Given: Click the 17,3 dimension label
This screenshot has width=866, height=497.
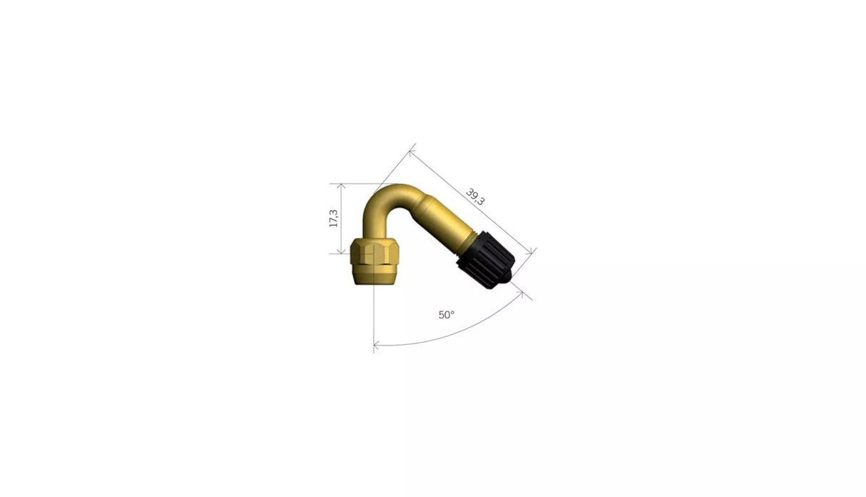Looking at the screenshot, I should point(333,218).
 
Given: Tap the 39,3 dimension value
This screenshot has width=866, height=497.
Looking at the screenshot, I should point(475,196).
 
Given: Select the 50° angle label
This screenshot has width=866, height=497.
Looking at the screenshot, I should point(446,315).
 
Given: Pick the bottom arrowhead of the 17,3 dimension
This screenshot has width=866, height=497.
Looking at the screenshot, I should point(342,251).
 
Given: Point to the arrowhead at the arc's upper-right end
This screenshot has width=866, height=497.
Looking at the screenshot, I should point(526,293).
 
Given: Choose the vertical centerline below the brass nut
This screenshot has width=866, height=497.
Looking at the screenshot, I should point(374,314).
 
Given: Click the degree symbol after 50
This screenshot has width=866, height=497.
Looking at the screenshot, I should point(452,313).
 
